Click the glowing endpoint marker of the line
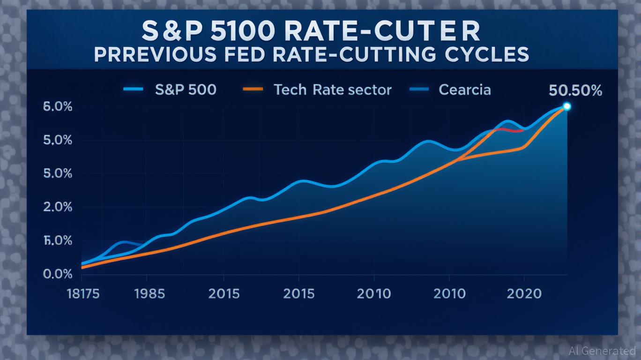(566, 106)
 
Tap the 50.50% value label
(575, 90)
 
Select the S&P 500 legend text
(186, 90)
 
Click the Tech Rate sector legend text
(332, 90)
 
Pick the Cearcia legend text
(464, 90)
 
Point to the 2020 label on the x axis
(524, 294)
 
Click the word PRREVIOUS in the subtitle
(156, 54)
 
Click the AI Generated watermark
(602, 351)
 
